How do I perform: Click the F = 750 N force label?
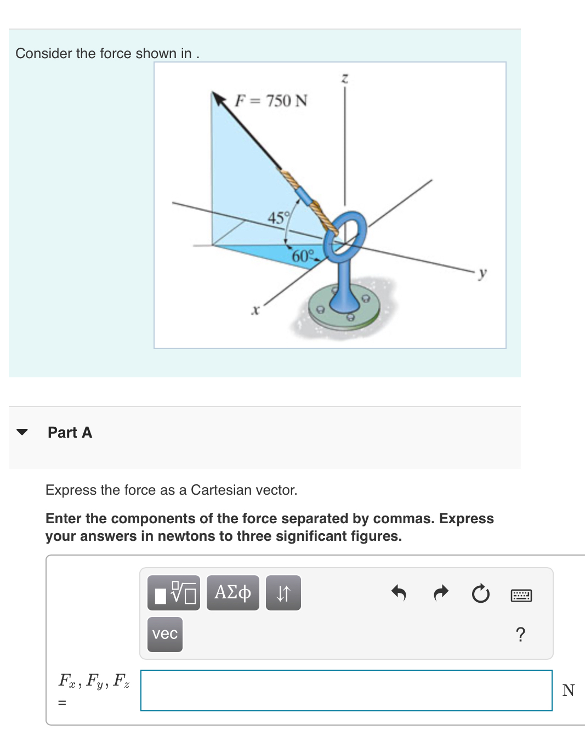point(271,101)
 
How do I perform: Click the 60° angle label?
point(303,256)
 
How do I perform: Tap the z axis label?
point(344,78)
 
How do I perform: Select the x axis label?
point(254,310)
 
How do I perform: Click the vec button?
point(165,634)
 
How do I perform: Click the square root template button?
point(174,593)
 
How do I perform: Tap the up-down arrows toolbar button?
point(283,593)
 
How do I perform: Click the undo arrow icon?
point(399,593)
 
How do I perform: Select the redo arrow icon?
point(440,593)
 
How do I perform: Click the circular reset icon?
point(481,593)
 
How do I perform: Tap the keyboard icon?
point(521,595)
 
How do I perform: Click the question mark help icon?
point(520,634)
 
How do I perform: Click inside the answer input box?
point(346,690)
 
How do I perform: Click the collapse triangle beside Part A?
point(22,432)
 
